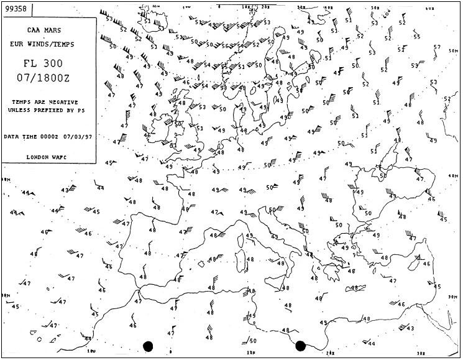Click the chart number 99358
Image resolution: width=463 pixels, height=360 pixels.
[17, 9]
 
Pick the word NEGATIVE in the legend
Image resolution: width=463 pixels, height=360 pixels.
[65, 101]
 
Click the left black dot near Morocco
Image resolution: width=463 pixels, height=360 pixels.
[148, 346]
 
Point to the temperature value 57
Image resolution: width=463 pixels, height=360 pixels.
[436, 47]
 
